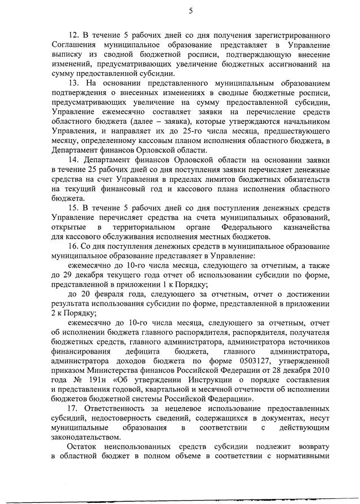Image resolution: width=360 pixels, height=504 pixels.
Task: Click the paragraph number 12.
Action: (x=73, y=35)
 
